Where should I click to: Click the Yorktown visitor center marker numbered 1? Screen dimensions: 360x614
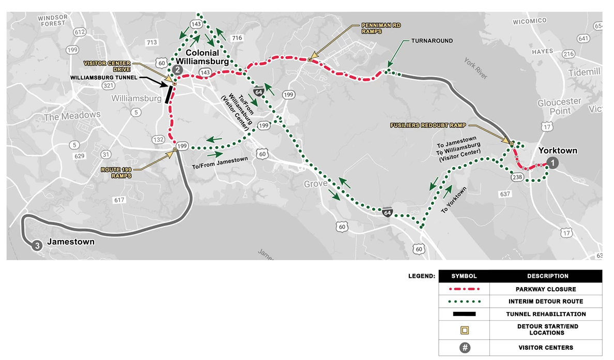(552, 163)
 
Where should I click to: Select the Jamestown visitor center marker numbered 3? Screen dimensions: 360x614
(37, 246)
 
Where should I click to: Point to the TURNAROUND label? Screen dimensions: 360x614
(432, 41)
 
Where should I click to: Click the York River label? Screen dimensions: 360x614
(475, 68)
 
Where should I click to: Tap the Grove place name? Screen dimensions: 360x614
(316, 184)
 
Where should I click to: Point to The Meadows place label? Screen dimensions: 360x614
(72, 116)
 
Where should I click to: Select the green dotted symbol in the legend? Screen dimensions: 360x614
(464, 302)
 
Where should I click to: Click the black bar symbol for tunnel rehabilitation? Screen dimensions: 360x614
(464, 314)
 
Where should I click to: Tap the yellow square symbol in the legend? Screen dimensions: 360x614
(464, 329)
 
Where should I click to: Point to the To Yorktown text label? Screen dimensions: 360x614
(454, 200)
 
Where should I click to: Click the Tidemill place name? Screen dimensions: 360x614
(584, 72)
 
